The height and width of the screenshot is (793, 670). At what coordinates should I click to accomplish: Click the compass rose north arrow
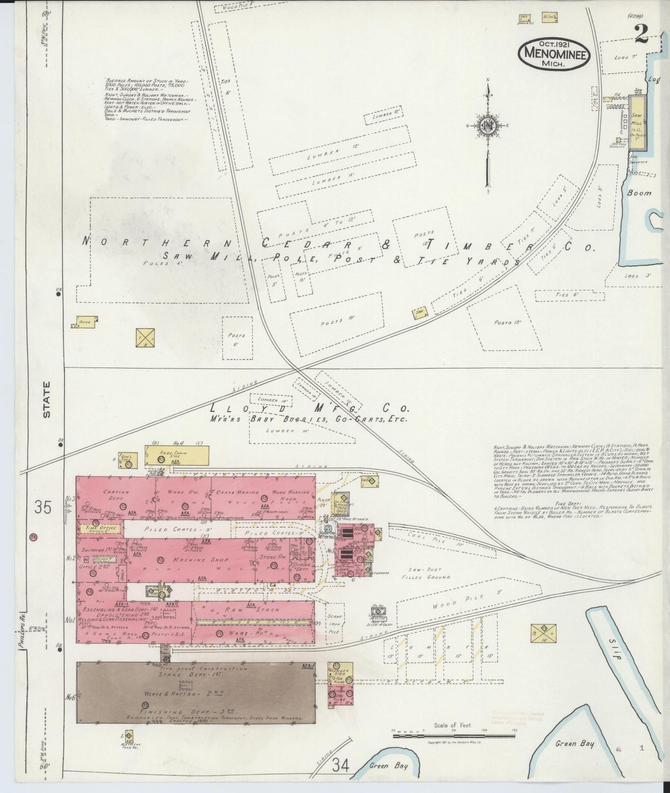coord(488,125)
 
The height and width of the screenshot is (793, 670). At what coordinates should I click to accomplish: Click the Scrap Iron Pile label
coord(334,623)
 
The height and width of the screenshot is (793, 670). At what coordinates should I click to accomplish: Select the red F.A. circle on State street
coord(33,537)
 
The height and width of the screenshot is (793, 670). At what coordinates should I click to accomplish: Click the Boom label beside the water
coord(639,192)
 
